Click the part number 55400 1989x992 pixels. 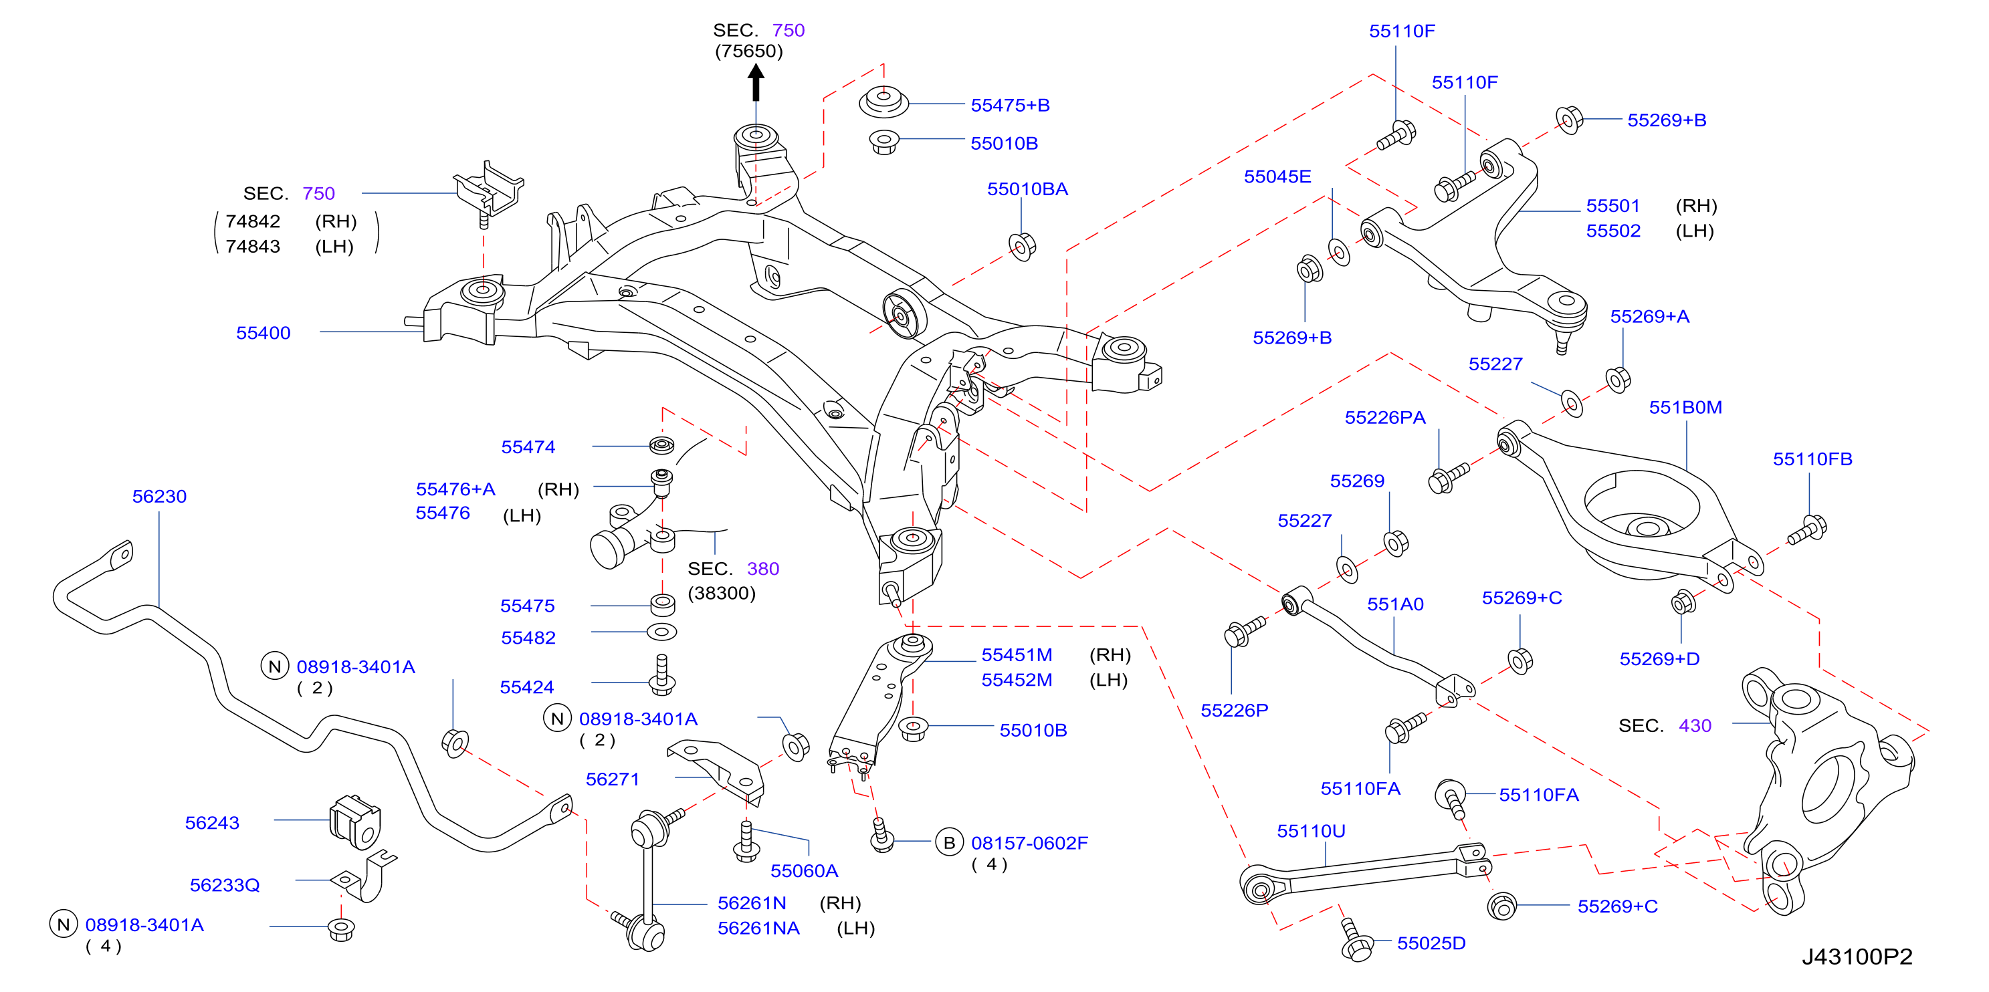(x=264, y=333)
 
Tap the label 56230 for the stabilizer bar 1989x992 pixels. (x=159, y=497)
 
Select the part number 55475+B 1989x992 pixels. (x=1010, y=105)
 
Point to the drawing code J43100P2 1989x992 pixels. (x=1857, y=957)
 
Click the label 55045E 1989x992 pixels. (x=1277, y=176)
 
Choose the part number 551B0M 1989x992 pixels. (x=1685, y=407)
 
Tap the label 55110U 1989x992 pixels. (x=1311, y=831)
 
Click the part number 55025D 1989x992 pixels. (x=1431, y=943)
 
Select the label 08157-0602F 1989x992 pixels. (x=1029, y=843)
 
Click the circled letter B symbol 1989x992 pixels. (x=949, y=842)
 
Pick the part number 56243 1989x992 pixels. (x=212, y=823)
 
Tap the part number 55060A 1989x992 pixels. (x=804, y=871)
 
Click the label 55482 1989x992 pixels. (x=528, y=638)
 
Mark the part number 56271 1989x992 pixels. (x=613, y=779)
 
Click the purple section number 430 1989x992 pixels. (x=1695, y=726)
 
